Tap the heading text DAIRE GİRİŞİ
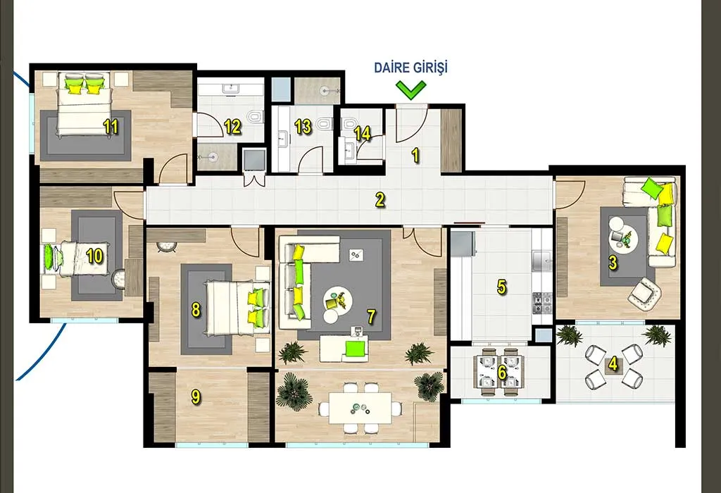[x=410, y=68]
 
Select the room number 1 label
[x=415, y=156]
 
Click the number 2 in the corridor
[x=380, y=200]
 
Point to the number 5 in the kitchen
[x=501, y=287]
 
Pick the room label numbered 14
[x=363, y=133]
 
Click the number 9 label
[x=196, y=397]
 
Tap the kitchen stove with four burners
[x=542, y=303]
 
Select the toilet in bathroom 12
[x=255, y=118]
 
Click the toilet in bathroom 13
[x=325, y=125]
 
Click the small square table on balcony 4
[x=613, y=366]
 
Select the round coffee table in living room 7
[x=339, y=300]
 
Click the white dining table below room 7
[x=360, y=408]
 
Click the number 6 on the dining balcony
[x=501, y=372]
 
